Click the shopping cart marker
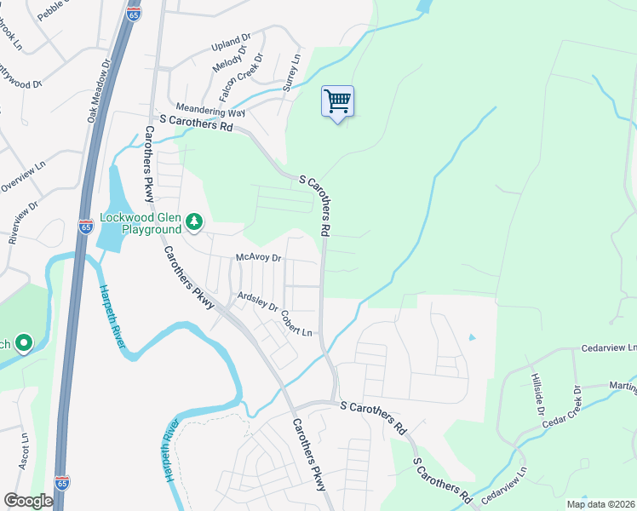[338, 102]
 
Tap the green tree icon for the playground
[195, 222]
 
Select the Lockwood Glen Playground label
[141, 223]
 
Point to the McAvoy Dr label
[258, 257]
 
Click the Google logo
[28, 501]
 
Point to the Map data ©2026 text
[601, 504]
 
